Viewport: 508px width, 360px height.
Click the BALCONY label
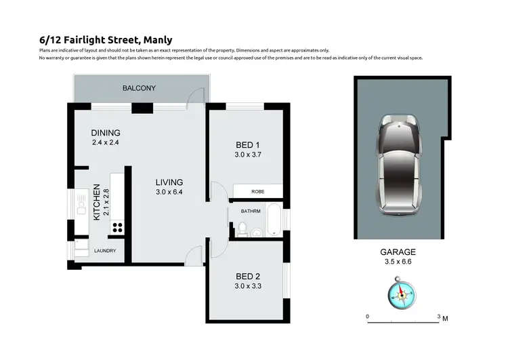click(x=139, y=88)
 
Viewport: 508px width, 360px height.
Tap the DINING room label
click(x=106, y=133)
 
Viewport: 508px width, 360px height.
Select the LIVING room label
click(x=169, y=182)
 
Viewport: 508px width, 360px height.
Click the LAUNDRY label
click(x=105, y=251)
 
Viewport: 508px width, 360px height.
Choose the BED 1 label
click(x=247, y=145)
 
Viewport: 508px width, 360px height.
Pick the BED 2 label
click(x=247, y=277)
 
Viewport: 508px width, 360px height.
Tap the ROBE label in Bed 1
click(x=258, y=192)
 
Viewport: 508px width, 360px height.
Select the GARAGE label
click(x=398, y=250)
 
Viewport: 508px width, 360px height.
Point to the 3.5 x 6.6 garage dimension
click(x=398, y=260)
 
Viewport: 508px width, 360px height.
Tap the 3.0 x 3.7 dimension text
click(x=247, y=155)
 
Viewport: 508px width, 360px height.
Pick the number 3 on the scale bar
click(x=439, y=317)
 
